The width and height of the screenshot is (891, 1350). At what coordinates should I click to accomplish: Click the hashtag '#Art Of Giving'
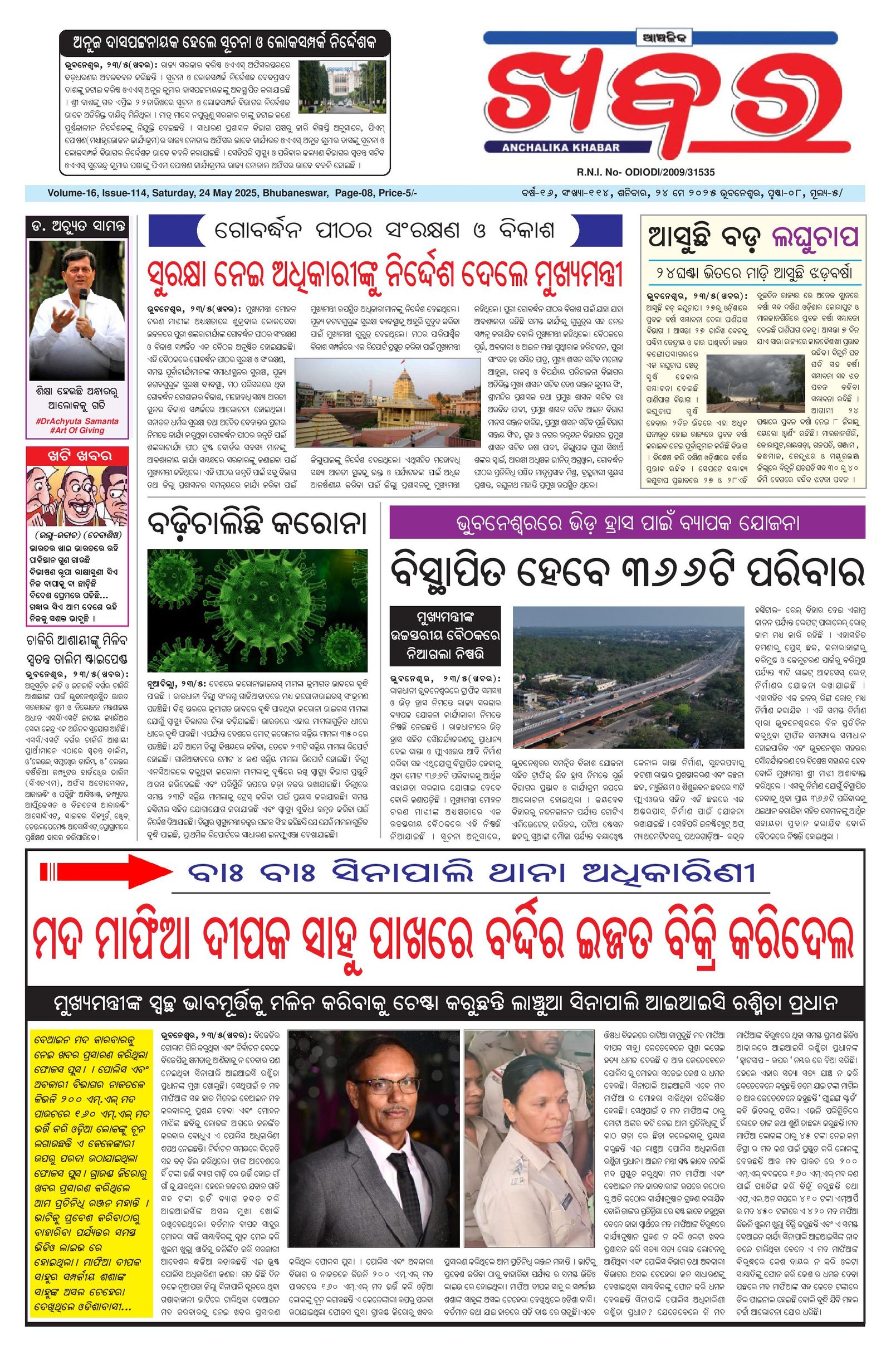click(77, 430)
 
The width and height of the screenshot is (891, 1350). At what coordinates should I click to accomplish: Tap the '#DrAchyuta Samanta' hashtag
click(77, 421)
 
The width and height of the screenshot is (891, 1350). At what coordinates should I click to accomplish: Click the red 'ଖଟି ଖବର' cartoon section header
click(77, 455)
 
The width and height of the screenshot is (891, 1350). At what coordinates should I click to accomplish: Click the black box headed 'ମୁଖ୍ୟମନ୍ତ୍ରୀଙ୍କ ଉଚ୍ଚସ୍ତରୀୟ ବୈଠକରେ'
click(445, 636)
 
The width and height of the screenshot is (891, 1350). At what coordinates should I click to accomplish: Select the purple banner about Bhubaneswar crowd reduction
click(627, 522)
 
